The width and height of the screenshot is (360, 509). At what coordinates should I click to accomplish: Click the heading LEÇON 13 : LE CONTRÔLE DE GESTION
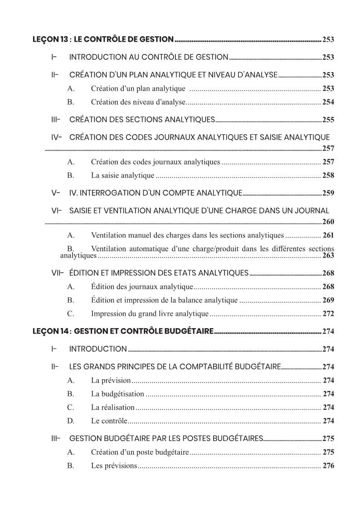tap(103, 39)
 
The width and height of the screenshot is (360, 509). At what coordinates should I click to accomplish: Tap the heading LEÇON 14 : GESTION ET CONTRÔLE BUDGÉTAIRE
tap(123, 331)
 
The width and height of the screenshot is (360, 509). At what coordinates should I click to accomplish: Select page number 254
tap(328, 102)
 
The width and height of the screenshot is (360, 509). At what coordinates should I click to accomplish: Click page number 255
tap(328, 120)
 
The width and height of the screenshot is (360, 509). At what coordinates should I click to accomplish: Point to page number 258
tap(328, 175)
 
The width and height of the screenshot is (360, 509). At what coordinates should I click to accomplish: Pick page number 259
tap(328, 193)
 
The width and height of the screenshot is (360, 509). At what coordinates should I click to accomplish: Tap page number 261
tap(328, 235)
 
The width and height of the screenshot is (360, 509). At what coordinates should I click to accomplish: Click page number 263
tap(328, 256)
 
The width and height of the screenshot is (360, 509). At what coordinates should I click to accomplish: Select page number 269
tap(328, 300)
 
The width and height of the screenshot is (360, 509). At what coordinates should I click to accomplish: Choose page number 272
tap(328, 314)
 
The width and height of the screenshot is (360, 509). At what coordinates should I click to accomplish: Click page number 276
tap(328, 465)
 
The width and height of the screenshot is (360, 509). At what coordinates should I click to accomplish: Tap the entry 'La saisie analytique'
tap(122, 175)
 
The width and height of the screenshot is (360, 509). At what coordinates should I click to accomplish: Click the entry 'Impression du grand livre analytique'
tap(150, 314)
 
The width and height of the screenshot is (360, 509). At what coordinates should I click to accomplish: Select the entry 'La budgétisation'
tap(117, 394)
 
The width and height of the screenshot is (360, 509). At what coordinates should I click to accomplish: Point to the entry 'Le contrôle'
tap(109, 421)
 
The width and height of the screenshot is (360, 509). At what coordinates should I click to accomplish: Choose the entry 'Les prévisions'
tap(114, 465)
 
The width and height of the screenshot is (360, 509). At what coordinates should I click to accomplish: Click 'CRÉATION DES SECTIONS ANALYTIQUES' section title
tap(142, 120)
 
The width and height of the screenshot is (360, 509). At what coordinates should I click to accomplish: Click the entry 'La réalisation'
tap(113, 407)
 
